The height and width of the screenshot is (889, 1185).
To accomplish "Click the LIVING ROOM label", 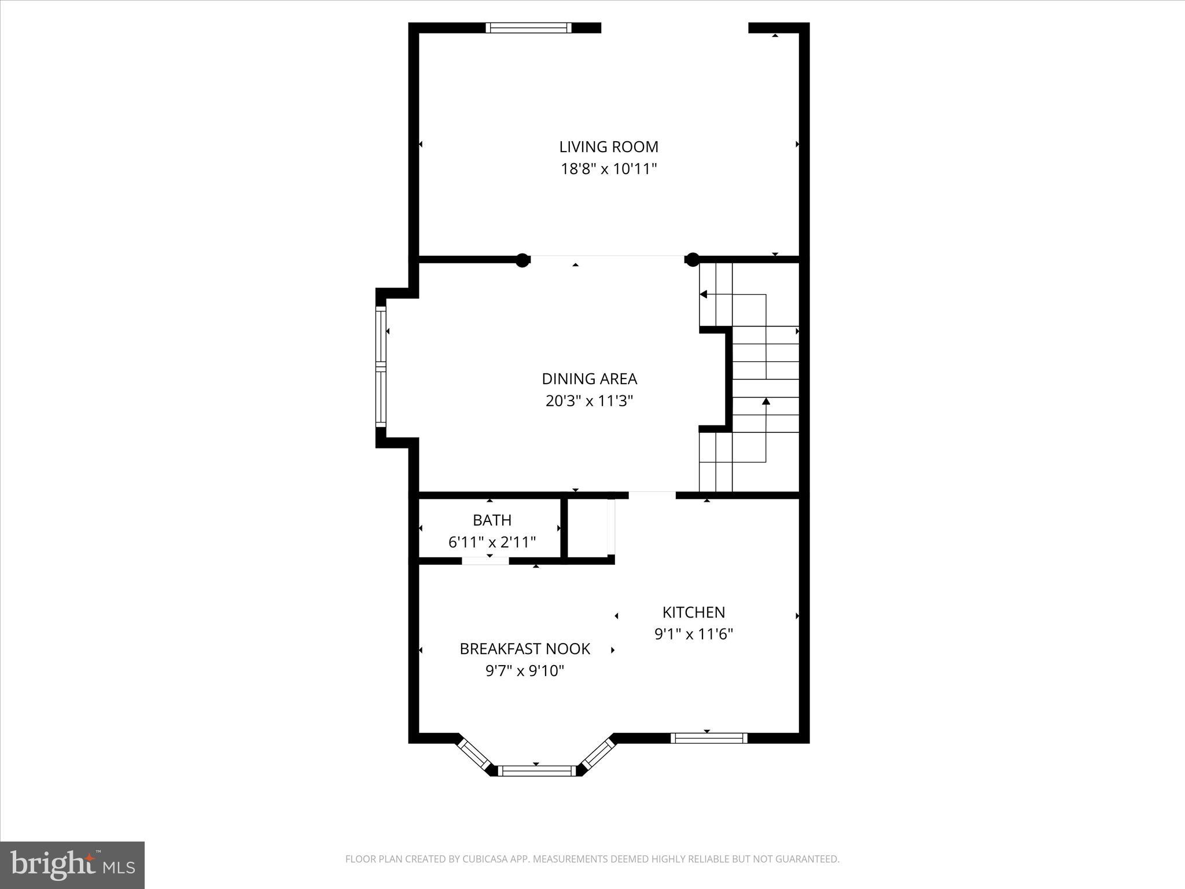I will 609,146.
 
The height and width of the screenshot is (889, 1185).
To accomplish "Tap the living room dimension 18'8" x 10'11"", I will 609,169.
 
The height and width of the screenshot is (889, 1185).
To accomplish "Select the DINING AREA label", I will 589,379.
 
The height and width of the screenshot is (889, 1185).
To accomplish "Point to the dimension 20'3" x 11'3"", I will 589,401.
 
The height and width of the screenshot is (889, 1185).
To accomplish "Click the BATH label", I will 492,520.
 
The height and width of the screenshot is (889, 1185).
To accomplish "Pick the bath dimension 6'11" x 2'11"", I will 492,542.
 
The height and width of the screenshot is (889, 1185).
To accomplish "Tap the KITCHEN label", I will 693,612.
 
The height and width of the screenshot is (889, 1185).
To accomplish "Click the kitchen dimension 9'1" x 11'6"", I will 693,634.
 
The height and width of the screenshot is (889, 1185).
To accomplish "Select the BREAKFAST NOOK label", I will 525,649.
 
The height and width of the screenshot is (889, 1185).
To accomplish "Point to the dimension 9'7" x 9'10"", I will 525,671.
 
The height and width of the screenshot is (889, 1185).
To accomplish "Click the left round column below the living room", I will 522,260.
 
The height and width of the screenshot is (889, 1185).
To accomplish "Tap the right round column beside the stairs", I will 692,260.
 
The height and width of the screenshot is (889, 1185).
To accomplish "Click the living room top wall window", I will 528,28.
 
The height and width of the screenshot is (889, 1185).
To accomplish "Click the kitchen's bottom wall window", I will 709,738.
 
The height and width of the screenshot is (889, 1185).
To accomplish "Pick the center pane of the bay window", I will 538,770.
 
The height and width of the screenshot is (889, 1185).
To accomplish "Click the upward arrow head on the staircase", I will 766,401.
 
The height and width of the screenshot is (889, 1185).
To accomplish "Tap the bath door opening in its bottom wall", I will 485,560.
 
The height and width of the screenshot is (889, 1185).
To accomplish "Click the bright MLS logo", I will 72,865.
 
